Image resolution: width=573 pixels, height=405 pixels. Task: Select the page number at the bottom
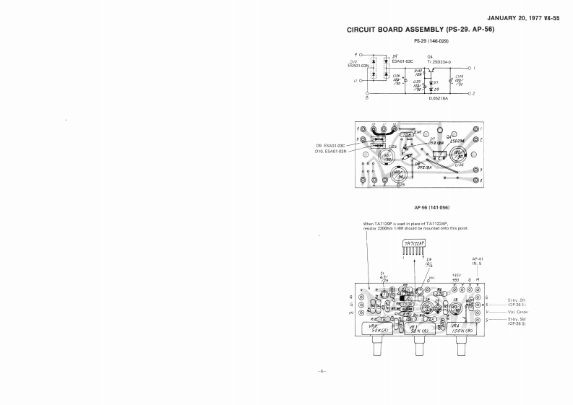click(322, 371)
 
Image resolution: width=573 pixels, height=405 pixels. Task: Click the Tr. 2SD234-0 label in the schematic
click(440, 61)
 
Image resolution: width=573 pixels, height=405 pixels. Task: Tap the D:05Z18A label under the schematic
click(439, 98)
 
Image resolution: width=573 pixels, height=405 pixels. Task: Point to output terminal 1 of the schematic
click(470, 68)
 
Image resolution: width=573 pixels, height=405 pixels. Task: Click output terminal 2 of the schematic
click(470, 94)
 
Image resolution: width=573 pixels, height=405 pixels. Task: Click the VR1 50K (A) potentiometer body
click(417, 328)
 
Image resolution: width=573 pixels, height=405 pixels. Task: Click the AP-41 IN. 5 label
click(477, 261)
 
